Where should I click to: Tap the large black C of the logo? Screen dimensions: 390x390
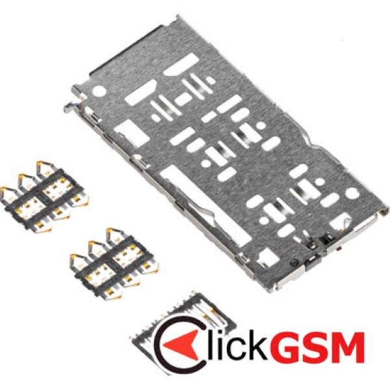(x=159, y=343)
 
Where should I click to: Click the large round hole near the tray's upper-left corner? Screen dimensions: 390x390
(x=99, y=90)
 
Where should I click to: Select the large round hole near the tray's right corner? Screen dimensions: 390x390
(x=353, y=193)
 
